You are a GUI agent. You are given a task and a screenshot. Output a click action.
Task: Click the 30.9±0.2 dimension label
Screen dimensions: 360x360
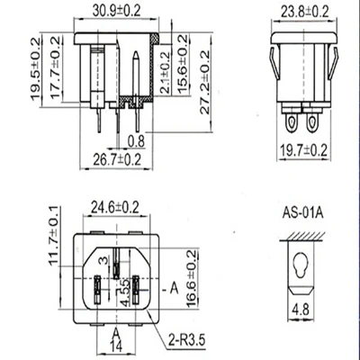116,11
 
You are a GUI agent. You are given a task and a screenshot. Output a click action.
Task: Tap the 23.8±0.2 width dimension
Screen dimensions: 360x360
305,12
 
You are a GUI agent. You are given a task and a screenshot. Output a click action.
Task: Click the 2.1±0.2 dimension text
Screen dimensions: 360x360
165,72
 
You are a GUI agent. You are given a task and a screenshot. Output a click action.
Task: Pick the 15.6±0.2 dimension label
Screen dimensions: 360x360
183,65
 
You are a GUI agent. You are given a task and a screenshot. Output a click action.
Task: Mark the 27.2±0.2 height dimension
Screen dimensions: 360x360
205,82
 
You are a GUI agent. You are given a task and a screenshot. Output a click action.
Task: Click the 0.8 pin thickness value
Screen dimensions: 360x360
136,141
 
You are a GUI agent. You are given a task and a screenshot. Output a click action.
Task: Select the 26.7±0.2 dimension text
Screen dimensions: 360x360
117,159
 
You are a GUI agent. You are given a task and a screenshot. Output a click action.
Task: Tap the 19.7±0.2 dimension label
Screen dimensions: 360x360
303,149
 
